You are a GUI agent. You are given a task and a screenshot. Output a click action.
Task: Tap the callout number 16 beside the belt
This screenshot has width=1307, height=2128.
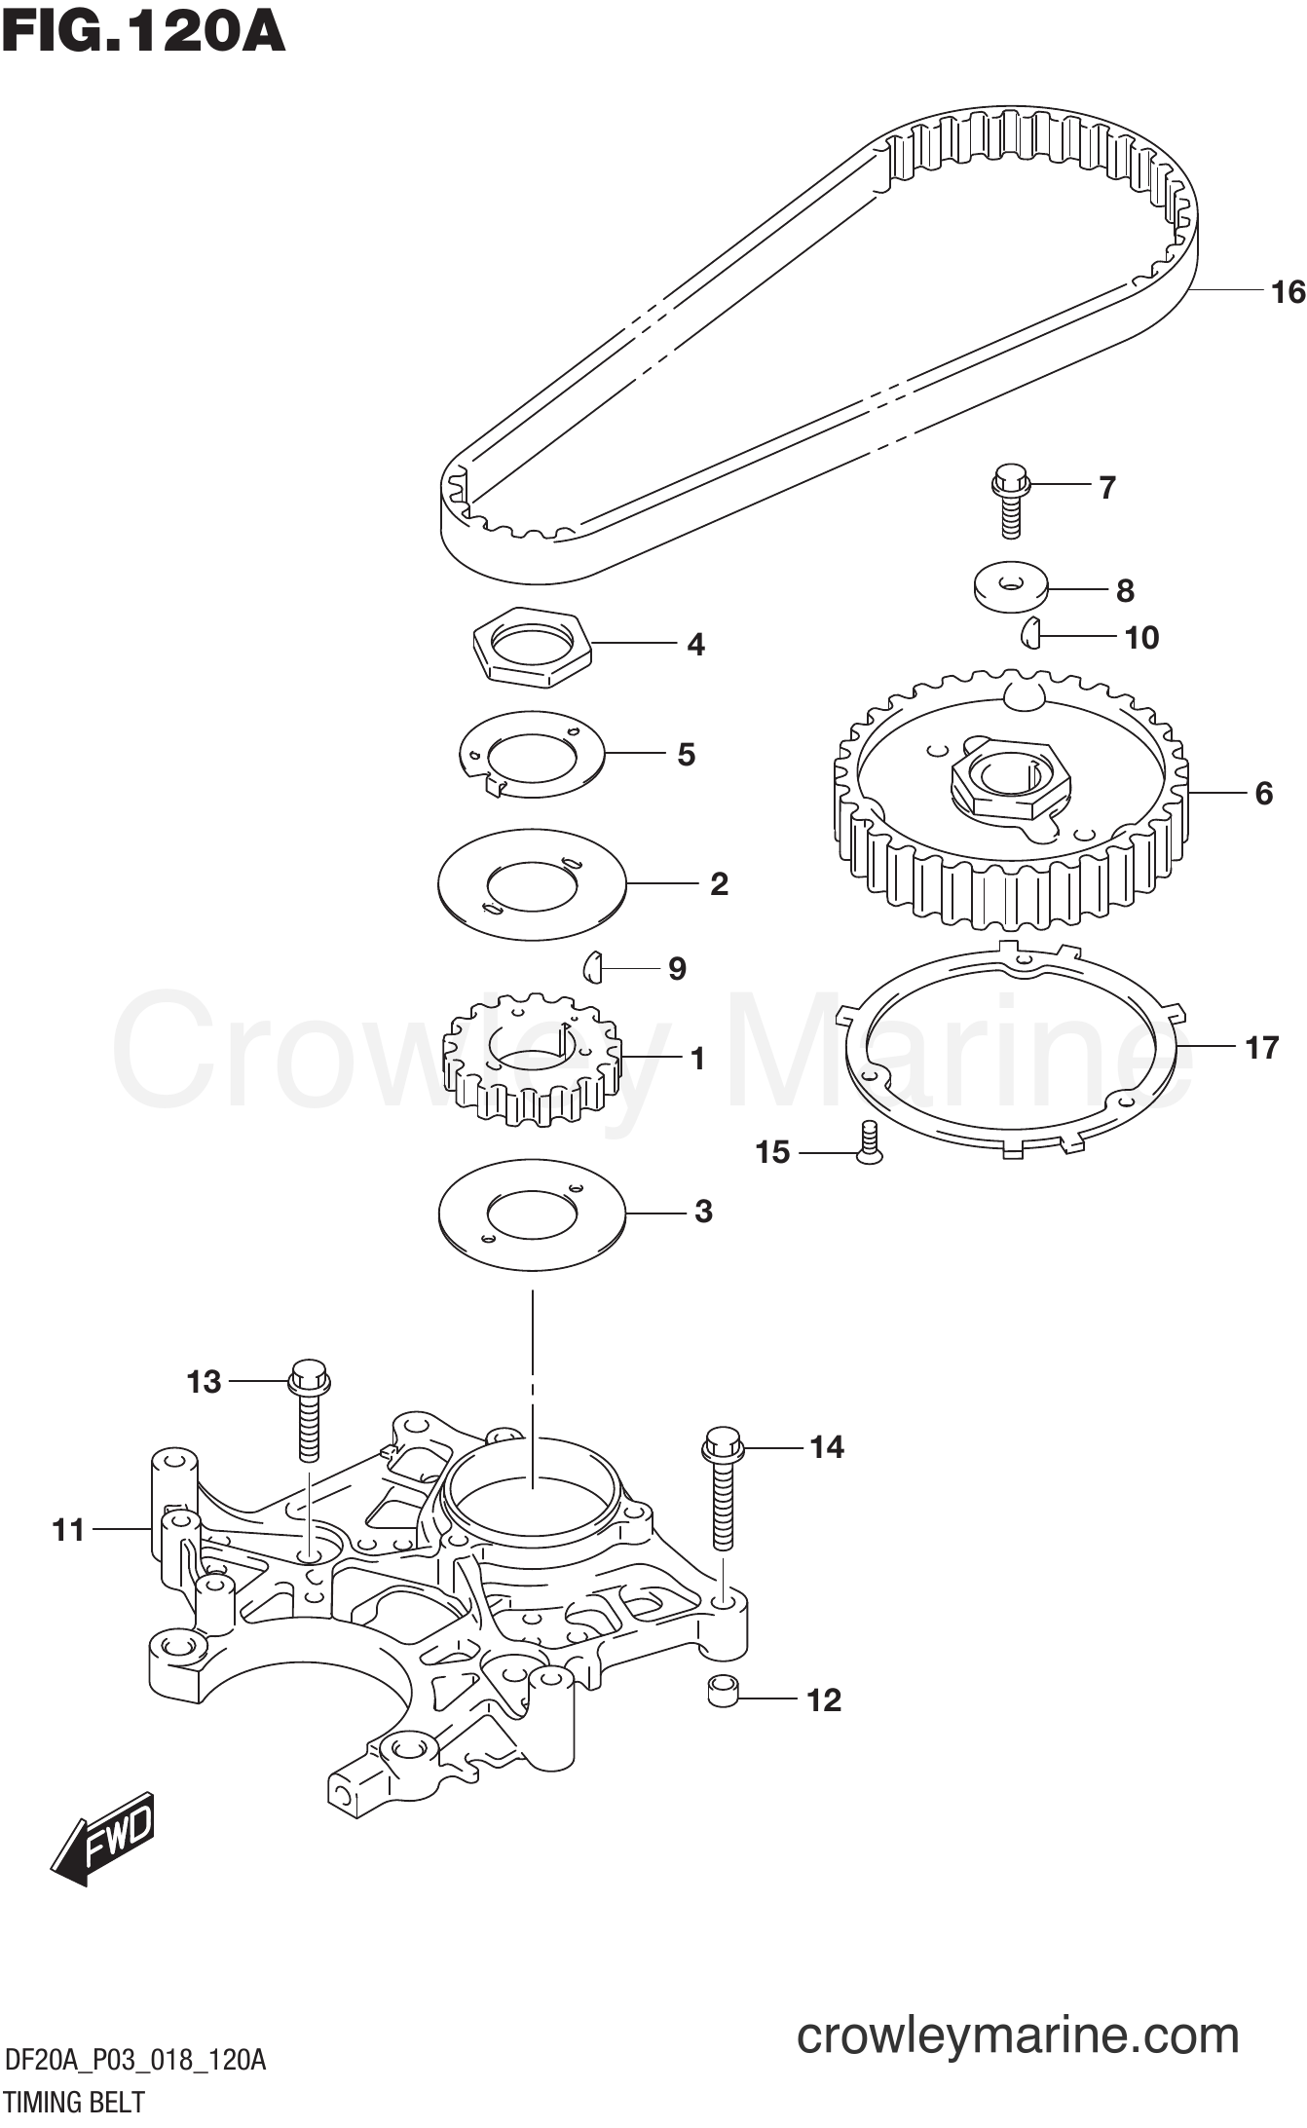pos(1288,291)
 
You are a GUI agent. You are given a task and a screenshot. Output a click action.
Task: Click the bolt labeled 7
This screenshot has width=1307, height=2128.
pos(1010,501)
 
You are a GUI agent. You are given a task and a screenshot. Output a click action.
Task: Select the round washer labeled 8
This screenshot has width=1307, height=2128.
pos(1011,586)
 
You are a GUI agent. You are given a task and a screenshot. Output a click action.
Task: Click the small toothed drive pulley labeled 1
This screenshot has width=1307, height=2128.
pos(532,1060)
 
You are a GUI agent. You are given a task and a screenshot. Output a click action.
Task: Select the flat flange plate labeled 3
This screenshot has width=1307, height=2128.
pos(532,1214)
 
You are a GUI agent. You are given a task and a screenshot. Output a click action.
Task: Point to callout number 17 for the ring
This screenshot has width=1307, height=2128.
pos(1261,1048)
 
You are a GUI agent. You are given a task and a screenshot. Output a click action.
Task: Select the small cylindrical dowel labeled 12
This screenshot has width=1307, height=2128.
pos(722,1691)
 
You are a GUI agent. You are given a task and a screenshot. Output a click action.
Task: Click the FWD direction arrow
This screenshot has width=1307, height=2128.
pos(102,1838)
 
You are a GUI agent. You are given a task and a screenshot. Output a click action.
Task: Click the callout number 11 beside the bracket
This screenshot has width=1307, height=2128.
pos(68,1530)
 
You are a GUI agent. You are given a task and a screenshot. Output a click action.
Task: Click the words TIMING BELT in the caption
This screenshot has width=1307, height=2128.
pos(74,2103)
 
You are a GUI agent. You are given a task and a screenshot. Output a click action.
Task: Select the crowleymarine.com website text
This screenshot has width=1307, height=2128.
pos(1018,2035)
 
